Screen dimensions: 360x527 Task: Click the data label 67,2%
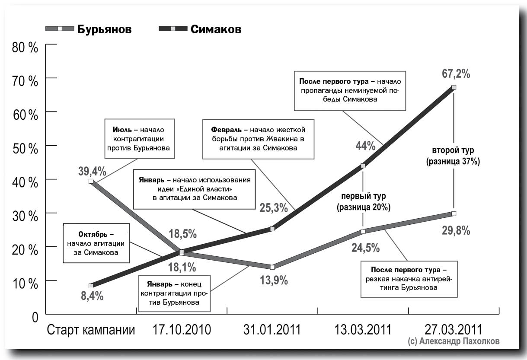452,74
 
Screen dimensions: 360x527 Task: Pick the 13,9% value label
273,280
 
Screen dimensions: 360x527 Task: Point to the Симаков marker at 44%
363,166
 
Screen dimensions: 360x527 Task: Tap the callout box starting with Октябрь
96,243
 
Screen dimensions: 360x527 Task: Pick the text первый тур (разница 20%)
363,202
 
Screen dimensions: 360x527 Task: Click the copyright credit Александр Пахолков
454,341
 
